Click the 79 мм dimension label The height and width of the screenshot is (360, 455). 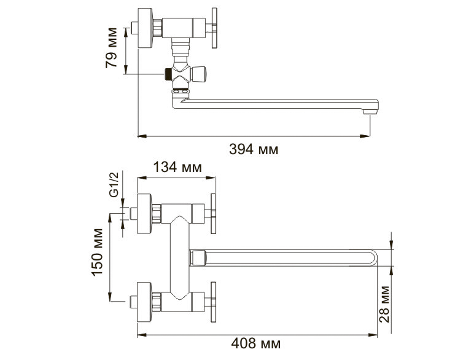111,48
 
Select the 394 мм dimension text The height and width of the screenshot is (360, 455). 254,149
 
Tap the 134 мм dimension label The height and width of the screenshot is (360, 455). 177,167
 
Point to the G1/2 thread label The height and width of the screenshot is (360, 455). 114,185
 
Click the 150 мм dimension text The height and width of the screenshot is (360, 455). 97,252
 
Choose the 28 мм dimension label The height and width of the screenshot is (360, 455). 384,304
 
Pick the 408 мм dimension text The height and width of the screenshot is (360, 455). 255,343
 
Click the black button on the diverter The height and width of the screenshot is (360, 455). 168,74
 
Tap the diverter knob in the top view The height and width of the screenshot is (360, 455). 199,74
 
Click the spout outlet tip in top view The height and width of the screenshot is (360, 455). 370,111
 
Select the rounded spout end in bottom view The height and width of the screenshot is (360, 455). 373,258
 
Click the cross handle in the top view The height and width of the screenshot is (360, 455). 214,28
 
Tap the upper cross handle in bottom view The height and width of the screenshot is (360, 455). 213,214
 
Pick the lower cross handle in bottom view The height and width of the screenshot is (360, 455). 213,302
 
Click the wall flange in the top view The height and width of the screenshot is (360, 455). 145,28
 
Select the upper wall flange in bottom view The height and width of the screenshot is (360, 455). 144,214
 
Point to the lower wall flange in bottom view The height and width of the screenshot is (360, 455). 144,302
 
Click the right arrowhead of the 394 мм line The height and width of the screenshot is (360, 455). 365,136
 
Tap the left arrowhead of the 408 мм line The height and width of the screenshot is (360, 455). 142,335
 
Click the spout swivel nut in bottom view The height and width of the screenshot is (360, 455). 198,258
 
